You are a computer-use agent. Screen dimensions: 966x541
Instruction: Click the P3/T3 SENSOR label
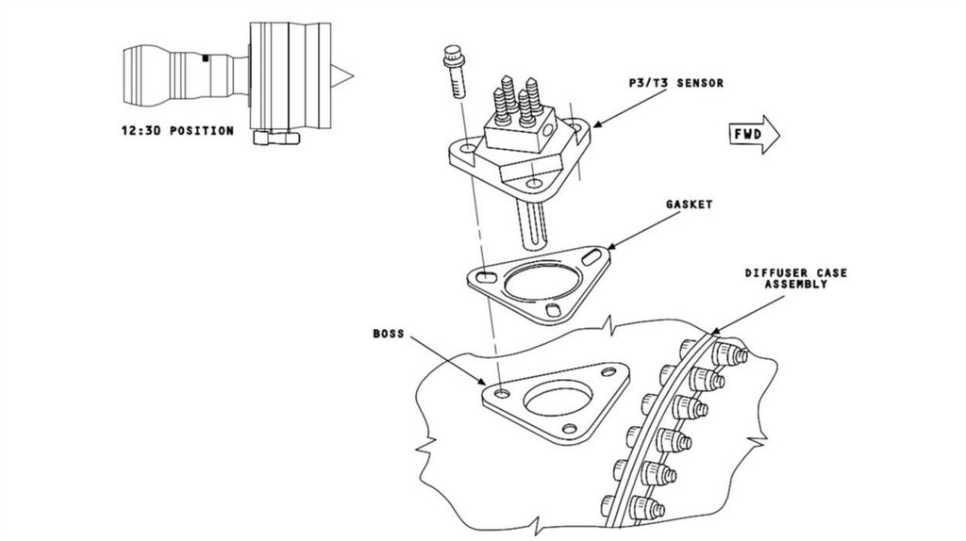click(675, 83)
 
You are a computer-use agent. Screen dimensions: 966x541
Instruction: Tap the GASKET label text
click(689, 205)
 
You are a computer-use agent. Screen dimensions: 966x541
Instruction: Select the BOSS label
click(388, 334)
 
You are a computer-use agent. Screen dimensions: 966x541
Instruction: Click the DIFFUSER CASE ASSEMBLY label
click(796, 278)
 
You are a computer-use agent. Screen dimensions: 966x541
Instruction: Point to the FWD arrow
click(754, 134)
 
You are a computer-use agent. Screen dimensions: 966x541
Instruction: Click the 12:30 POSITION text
click(177, 130)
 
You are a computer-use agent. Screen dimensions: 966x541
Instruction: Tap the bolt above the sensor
click(454, 70)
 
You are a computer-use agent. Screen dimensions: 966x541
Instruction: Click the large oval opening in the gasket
click(542, 285)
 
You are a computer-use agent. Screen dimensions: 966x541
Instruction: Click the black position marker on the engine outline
click(206, 58)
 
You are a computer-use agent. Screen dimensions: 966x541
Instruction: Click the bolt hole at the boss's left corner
click(503, 393)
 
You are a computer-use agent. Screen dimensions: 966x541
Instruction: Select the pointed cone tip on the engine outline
click(342, 76)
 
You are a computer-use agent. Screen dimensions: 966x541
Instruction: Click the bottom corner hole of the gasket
click(553, 310)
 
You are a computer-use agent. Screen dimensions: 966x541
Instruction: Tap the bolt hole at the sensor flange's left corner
click(468, 150)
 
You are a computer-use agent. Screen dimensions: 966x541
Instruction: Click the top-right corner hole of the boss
click(608, 371)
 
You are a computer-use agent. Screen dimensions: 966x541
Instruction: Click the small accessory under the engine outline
click(276, 138)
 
